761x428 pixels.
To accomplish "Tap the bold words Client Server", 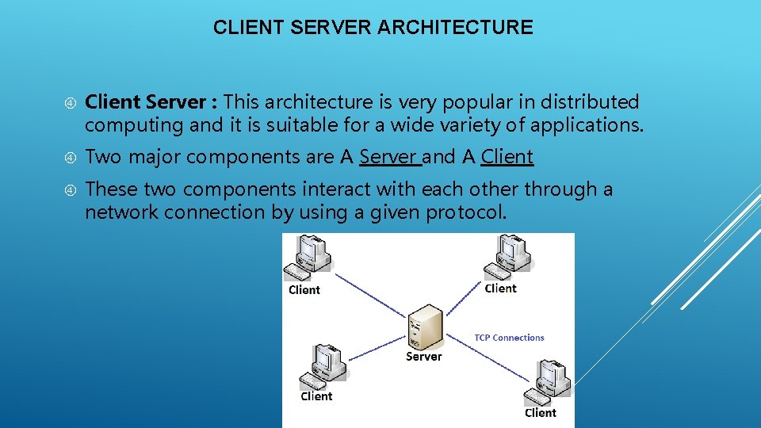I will (x=147, y=102).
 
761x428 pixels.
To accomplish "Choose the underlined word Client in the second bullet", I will (x=507, y=157).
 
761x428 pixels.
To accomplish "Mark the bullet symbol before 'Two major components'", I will (x=70, y=158).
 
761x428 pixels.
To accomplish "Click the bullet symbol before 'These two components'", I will (x=70, y=190).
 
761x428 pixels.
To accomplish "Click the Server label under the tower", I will (x=424, y=357).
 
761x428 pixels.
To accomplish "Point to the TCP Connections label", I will (x=509, y=338).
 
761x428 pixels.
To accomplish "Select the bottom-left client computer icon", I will (x=326, y=365).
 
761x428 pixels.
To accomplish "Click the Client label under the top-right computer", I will (x=500, y=289).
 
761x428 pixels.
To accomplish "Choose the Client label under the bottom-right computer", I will (x=541, y=412).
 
